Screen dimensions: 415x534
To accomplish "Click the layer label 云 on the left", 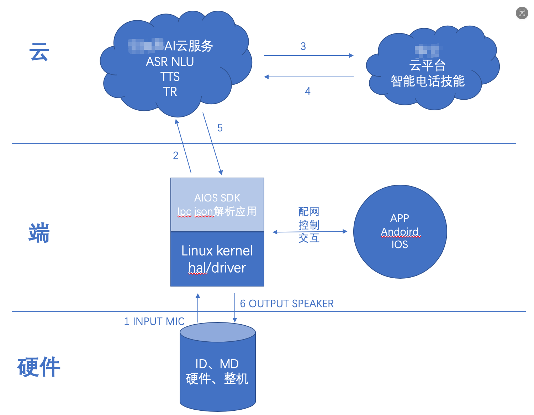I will coord(39,52).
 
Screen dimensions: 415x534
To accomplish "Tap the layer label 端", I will coord(39,233).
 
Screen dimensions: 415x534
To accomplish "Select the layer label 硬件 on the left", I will coord(39,367).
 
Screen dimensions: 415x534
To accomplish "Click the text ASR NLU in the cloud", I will coord(170,62).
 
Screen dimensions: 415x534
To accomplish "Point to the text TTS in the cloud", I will coord(170,77).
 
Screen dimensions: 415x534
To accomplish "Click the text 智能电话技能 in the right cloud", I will coord(428,81).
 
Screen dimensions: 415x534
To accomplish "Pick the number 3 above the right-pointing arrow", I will coord(303,46).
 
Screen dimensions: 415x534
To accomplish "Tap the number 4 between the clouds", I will coord(308,91).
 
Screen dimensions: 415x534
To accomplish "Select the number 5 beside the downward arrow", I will coord(220,128).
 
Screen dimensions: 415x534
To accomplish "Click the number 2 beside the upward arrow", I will coord(176,156).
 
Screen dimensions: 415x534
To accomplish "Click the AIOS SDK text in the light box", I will coord(217,198).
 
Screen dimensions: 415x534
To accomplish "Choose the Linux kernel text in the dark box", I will coord(217,251).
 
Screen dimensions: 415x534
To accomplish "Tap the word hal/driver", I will coord(217,268).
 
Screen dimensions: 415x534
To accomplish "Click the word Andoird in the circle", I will coord(400,232).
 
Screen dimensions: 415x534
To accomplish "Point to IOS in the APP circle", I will coord(400,245).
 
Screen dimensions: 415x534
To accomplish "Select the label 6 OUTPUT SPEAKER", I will coord(287,304).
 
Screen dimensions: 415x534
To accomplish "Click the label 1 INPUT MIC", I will coord(154,321).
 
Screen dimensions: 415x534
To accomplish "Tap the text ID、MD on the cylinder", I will coord(217,364).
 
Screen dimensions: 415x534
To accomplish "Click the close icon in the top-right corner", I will coord(522,13).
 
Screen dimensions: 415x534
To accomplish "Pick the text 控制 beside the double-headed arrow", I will coord(309,225).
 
